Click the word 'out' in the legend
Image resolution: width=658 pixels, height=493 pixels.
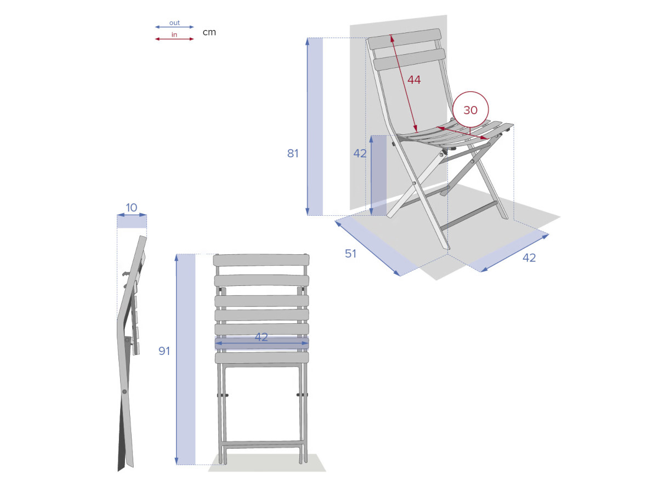174,23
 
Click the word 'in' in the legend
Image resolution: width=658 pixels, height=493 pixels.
174,35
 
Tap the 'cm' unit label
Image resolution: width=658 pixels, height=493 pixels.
209,32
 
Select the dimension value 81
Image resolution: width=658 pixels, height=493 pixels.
293,153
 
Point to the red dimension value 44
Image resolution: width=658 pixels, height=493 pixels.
414,79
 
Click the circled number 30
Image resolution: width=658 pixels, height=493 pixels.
470,110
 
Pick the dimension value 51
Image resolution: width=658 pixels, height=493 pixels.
350,254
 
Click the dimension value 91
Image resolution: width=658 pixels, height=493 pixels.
164,351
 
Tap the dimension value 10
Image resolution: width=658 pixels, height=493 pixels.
131,208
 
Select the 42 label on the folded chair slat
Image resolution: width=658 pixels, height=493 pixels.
261,337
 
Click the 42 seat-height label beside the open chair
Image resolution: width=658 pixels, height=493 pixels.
360,153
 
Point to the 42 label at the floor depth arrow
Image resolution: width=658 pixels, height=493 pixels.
529,257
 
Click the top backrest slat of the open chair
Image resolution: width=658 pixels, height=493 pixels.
404,39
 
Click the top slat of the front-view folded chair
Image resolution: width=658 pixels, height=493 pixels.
261,260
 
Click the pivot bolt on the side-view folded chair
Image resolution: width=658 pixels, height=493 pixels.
124,392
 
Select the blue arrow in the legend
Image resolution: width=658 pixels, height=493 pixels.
174,27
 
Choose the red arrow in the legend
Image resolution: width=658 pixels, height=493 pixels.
174,39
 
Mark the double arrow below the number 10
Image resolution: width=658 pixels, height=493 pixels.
132,215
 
